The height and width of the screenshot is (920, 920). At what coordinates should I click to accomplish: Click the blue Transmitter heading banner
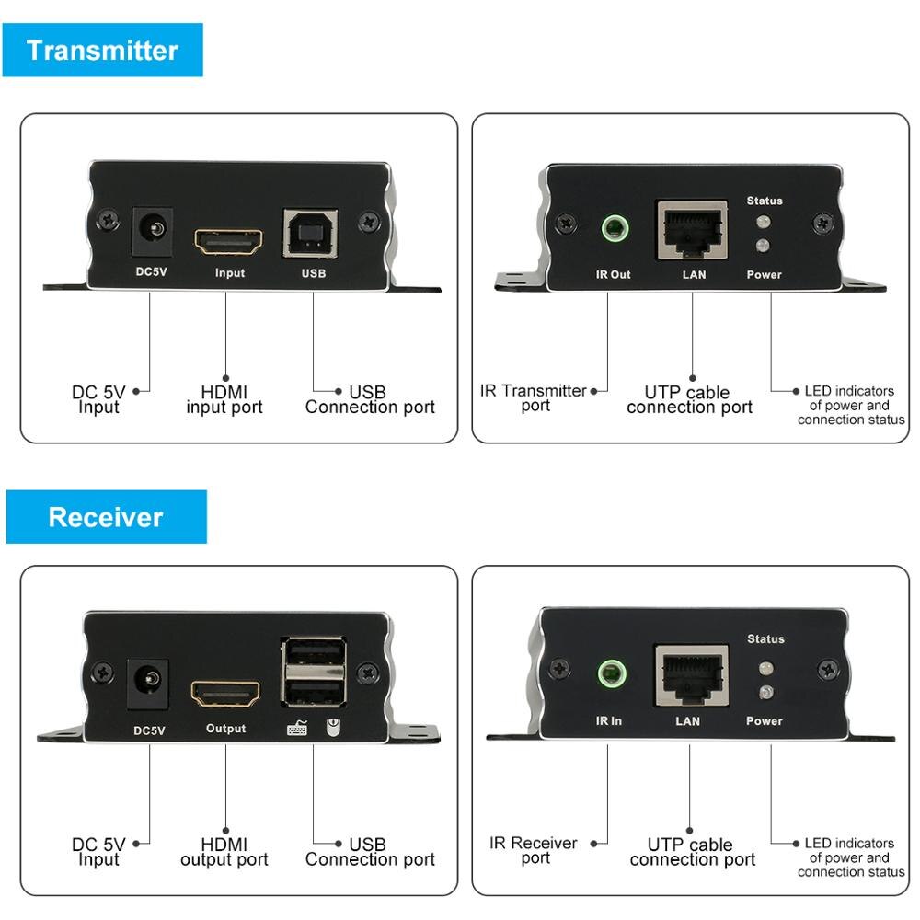(102, 50)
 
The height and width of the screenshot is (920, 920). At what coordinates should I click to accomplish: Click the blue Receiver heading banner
(106, 517)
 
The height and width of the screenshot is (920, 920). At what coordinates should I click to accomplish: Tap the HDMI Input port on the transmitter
(229, 242)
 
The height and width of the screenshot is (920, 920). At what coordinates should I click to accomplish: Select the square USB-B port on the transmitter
(308, 234)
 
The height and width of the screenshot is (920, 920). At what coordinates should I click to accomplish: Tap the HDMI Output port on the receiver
(225, 695)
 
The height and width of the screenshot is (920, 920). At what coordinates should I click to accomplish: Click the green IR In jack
(608, 677)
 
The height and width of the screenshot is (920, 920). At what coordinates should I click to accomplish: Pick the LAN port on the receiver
(690, 675)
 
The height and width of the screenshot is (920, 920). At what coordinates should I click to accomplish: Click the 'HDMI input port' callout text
(224, 400)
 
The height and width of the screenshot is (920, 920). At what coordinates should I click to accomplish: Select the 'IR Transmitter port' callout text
(534, 398)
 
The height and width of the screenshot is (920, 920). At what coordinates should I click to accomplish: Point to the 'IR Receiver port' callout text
(534, 849)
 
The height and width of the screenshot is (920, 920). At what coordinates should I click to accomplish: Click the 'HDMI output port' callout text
(224, 851)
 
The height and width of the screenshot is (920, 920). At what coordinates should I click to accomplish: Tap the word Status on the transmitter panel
(765, 201)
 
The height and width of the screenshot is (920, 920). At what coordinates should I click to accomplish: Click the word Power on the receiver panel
(764, 721)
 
